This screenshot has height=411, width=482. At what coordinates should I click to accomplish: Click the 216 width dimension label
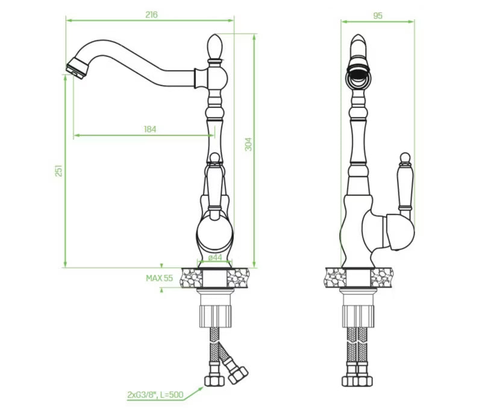coord(151,14)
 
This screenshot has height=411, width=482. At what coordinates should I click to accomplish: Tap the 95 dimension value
coord(378,16)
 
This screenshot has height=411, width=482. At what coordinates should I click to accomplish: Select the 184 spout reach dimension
coord(150,130)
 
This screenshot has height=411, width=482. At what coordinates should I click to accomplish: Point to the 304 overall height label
coord(248,144)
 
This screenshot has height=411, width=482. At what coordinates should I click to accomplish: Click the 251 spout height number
coord(58,171)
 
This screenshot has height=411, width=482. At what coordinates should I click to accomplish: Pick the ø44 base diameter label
coord(215,257)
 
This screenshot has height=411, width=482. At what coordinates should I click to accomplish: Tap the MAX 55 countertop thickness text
coord(159,278)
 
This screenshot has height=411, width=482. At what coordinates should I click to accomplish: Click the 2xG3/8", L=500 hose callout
coord(155,395)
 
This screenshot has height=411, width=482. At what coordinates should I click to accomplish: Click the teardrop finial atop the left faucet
coord(214,46)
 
